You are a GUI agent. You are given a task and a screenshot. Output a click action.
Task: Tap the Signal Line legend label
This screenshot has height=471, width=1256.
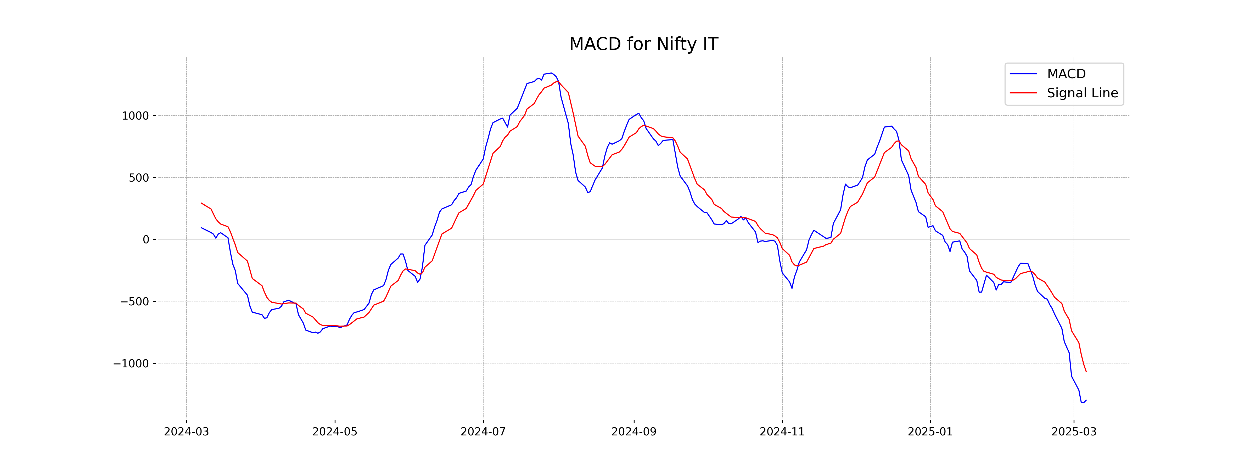1082,93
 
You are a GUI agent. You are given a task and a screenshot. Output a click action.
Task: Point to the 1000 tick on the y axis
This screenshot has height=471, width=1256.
135,116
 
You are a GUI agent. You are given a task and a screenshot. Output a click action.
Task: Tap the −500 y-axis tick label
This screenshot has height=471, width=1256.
134,302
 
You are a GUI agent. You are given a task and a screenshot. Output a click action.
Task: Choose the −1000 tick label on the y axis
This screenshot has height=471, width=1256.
131,364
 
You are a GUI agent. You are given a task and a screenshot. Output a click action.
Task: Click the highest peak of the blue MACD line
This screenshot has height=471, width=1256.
551,73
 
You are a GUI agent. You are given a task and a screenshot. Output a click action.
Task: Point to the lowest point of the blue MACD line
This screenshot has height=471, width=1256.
1082,403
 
